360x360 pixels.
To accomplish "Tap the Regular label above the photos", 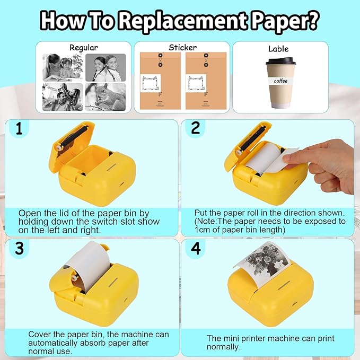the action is pyautogui.click(x=84, y=48).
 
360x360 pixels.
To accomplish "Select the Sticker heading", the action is pyautogui.click(x=182, y=48).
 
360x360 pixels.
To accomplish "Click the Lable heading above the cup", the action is pyautogui.click(x=278, y=49).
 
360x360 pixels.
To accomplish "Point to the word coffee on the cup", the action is pyautogui.click(x=280, y=81).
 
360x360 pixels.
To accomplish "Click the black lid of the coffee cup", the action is pyautogui.click(x=280, y=61).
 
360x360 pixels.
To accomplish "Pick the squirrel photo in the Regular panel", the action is pyautogui.click(x=106, y=97).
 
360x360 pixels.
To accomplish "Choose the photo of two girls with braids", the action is pyautogui.click(x=106, y=67).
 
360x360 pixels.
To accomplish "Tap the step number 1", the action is pyautogui.click(x=19, y=128).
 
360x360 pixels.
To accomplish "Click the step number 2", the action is pyautogui.click(x=196, y=128).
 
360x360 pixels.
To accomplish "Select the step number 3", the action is pyautogui.click(x=19, y=248).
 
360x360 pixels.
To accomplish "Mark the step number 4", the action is pyautogui.click(x=196, y=249).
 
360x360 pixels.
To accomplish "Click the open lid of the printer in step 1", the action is pyautogui.click(x=72, y=142).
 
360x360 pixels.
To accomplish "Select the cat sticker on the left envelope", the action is pyautogui.click(x=151, y=83).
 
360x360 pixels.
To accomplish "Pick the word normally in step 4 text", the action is pyautogui.click(x=223, y=347).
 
